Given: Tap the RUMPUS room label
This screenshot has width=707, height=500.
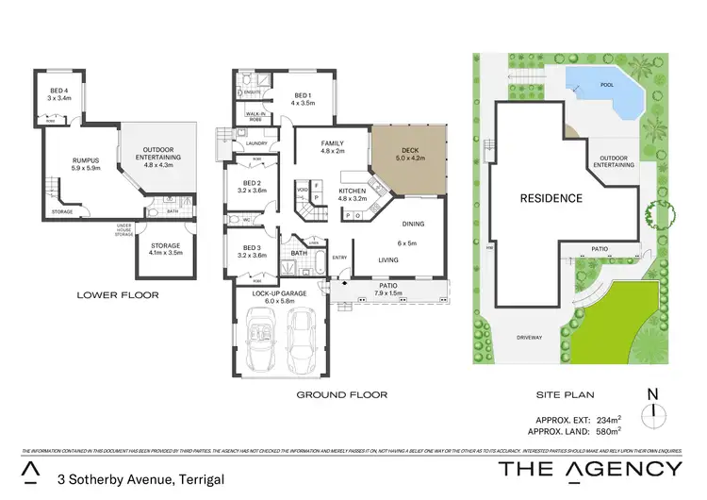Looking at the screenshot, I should click(86, 159).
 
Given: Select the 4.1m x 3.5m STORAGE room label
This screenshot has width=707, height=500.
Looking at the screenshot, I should click(165, 245).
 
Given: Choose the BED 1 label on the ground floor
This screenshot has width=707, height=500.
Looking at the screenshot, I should click(302, 95).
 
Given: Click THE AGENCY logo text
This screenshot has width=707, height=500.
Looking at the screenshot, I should click(590, 468).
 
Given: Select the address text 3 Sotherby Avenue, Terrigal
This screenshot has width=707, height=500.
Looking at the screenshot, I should click(140, 479).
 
